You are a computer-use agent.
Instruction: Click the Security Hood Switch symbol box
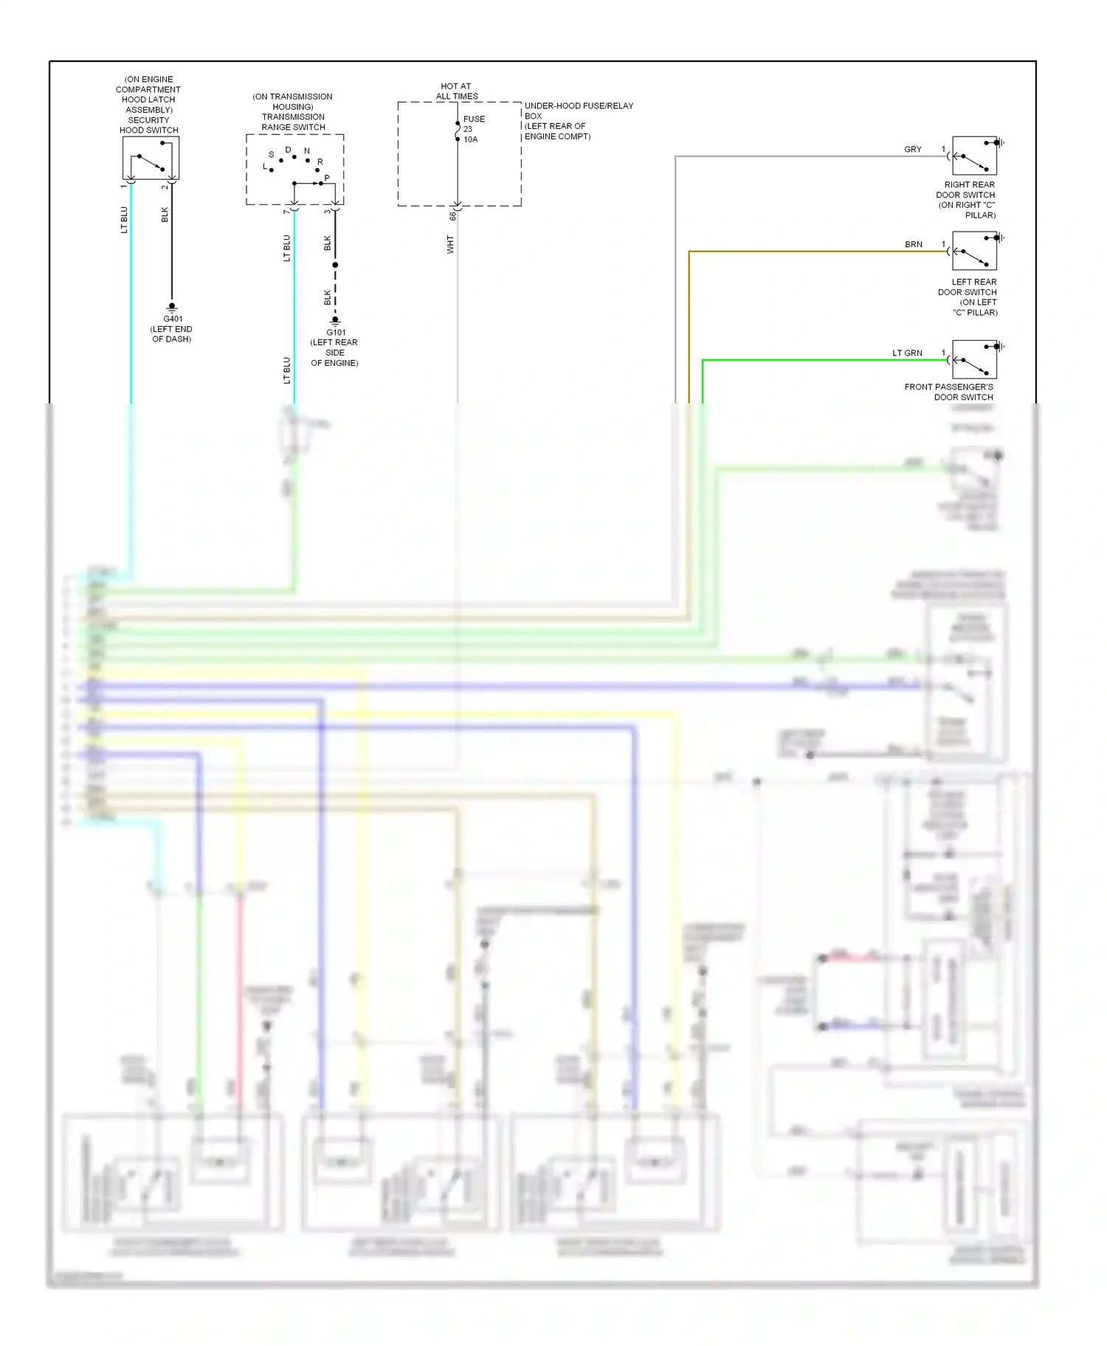pyautogui.click(x=151, y=158)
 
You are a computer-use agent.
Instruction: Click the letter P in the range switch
pyautogui.click(x=327, y=178)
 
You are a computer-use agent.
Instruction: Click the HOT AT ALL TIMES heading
pyautogui.click(x=456, y=91)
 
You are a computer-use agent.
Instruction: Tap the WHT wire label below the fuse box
pyautogui.click(x=450, y=245)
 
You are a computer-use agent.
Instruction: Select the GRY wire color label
pyautogui.click(x=913, y=150)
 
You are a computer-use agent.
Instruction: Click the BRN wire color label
pyautogui.click(x=914, y=245)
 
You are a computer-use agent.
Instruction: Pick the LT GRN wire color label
pyautogui.click(x=907, y=353)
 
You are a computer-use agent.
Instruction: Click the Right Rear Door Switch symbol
pyautogui.click(x=974, y=156)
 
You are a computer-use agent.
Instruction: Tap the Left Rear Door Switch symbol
pyautogui.click(x=974, y=251)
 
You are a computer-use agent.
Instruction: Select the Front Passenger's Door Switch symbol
pyautogui.click(x=974, y=359)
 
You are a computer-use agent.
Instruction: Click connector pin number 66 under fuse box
pyautogui.click(x=453, y=216)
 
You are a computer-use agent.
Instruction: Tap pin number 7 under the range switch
pyautogui.click(x=286, y=212)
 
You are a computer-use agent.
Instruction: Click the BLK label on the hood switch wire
pyautogui.click(x=165, y=215)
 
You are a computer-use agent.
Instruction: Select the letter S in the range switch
pyautogui.click(x=271, y=155)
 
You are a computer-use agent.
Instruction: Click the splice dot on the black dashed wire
pyautogui.click(x=335, y=265)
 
